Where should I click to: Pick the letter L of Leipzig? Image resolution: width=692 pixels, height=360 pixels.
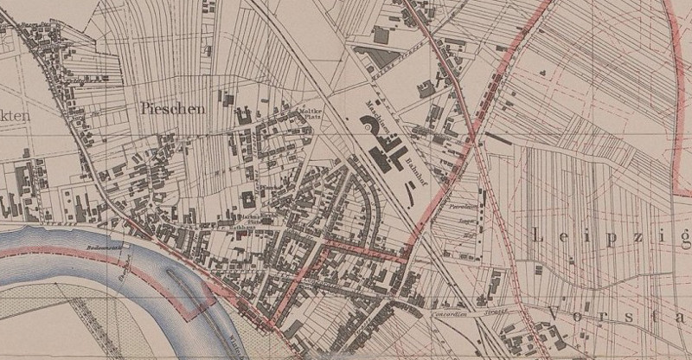[x=539, y=235]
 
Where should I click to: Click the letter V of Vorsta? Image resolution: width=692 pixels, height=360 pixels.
[x=554, y=314]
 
